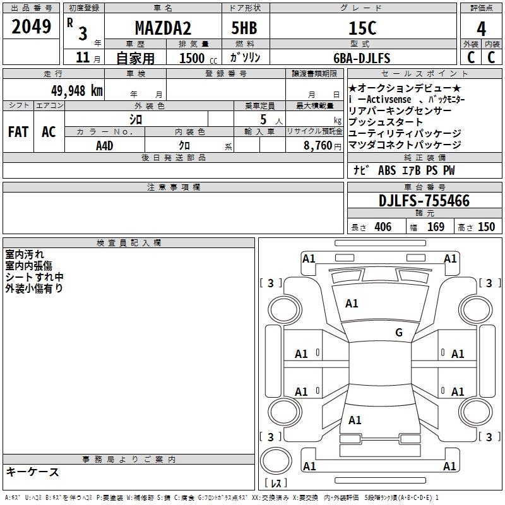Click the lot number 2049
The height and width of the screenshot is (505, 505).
[31, 27]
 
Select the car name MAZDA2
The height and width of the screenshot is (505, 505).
[163, 28]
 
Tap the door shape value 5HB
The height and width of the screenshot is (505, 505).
[244, 28]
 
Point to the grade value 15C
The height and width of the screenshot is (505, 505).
[362, 28]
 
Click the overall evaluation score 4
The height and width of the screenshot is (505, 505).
[481, 29]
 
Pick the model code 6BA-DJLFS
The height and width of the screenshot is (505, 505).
[362, 58]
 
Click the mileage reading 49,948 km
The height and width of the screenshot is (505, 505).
[77, 91]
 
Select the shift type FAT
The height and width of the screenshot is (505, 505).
[18, 132]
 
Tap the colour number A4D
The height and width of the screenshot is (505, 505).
[105, 146]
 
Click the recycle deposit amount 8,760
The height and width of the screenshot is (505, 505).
[318, 145]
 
